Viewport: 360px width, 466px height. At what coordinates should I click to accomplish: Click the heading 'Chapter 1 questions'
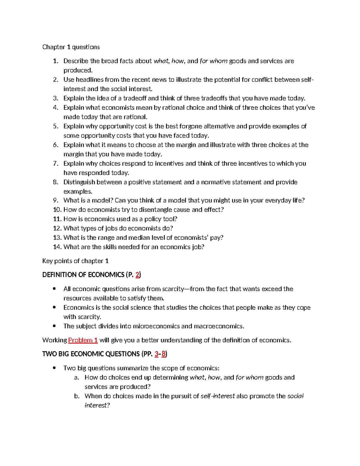(x=71, y=47)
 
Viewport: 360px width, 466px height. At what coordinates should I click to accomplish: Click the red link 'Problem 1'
(x=83, y=340)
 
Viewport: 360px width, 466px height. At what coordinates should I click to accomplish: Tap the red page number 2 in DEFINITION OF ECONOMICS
(x=137, y=275)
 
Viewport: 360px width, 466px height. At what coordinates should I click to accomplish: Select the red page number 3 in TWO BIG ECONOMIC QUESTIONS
(x=156, y=354)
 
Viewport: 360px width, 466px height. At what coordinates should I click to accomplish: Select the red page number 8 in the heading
(x=163, y=354)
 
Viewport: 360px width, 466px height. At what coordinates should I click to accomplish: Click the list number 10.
(x=57, y=210)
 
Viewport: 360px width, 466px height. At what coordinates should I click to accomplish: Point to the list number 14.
(x=57, y=247)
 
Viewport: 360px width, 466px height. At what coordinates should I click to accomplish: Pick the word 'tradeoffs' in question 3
(x=214, y=98)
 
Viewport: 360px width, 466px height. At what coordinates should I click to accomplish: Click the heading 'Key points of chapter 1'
(x=75, y=261)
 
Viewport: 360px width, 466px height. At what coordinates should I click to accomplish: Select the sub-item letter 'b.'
(x=77, y=396)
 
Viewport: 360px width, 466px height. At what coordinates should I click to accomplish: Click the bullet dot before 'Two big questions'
(x=54, y=368)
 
